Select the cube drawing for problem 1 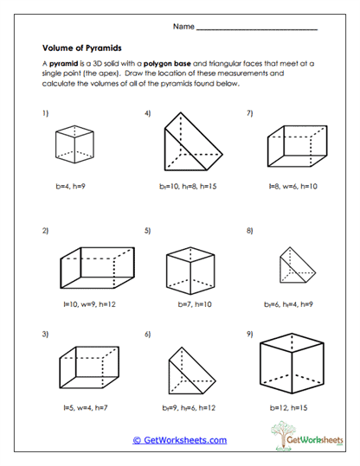(x=74, y=143)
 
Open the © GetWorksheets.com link (x=179, y=440)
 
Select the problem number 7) (x=250, y=113)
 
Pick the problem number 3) (x=44, y=333)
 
